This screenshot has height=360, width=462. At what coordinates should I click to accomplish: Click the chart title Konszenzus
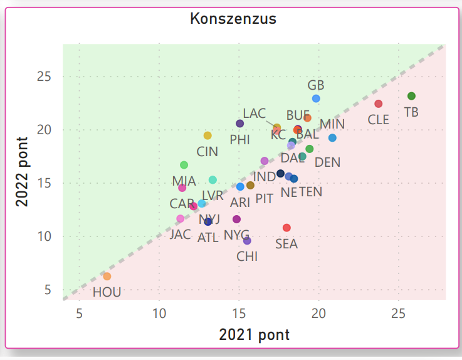pos(233,19)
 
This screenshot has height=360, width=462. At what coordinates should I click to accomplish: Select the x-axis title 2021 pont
pos(254,335)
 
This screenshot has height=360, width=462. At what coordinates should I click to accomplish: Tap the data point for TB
pos(411,96)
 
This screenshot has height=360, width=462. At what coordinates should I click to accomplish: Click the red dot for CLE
pos(378,103)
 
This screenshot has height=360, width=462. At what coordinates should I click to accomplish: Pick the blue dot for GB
pos(316,98)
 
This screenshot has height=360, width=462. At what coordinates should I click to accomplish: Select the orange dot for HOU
pos(107,276)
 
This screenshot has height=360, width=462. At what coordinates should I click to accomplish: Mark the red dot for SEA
pos(286,228)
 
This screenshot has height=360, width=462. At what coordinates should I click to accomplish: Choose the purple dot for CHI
pos(247,241)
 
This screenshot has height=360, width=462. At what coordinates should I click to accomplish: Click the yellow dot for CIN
pos(207,135)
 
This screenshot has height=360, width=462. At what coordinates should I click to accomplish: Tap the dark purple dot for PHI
pos(239,124)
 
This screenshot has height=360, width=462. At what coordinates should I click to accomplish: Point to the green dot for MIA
pos(184,165)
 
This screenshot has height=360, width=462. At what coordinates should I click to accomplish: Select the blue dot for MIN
pos(332,138)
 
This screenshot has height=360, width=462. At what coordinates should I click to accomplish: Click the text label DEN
pos(327,162)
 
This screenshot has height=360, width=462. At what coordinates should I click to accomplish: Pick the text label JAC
pos(180,235)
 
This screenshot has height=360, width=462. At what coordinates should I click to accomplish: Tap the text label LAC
pos(255,114)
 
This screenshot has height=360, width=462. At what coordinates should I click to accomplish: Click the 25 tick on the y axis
pos(46,77)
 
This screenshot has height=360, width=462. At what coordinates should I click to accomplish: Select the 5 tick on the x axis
pos(80,314)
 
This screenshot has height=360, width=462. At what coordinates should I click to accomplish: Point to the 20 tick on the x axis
pos(318,314)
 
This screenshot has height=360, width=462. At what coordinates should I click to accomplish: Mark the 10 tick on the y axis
pos(46,236)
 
